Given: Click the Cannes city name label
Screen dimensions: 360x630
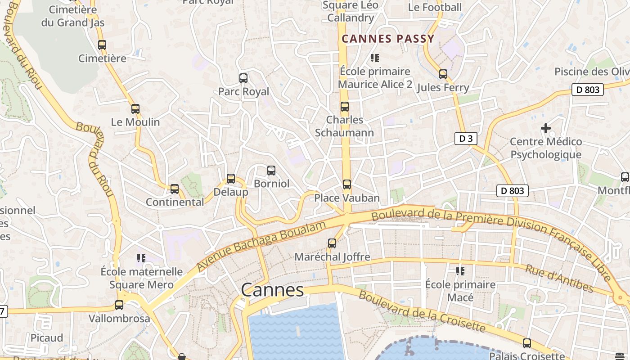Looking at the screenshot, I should (272, 290).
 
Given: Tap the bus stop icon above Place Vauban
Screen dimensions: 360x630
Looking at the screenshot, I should (346, 184).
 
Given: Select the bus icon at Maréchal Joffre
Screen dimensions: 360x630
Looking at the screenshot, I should (332, 243).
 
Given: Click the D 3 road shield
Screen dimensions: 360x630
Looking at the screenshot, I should (465, 139).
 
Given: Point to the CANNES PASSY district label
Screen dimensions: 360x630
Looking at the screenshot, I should (388, 39).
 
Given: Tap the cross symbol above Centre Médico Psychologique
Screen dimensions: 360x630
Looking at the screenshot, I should (545, 129).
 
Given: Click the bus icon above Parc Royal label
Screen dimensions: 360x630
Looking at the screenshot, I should (243, 78).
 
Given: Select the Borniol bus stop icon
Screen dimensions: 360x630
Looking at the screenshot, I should (271, 171).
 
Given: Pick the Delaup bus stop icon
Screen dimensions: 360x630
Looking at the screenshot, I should (231, 179).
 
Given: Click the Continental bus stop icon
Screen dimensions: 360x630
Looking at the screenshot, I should (175, 189).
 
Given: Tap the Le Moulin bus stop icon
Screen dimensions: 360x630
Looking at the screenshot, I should (135, 109).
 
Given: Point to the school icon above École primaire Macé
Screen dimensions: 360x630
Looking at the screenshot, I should (460, 271).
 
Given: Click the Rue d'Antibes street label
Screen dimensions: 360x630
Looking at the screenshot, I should (559, 279).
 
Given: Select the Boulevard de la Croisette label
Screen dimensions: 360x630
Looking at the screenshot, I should (422, 311).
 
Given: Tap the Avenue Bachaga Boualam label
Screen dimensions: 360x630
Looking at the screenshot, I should (261, 246).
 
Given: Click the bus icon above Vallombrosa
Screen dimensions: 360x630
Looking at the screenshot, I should (119, 305).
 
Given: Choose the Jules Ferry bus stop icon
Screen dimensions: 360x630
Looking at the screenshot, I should (443, 74).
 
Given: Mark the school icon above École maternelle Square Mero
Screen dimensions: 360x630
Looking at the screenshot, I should (141, 258).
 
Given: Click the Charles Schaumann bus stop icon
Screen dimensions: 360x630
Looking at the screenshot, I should (345, 107).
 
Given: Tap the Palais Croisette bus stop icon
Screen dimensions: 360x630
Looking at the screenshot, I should (527, 343).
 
